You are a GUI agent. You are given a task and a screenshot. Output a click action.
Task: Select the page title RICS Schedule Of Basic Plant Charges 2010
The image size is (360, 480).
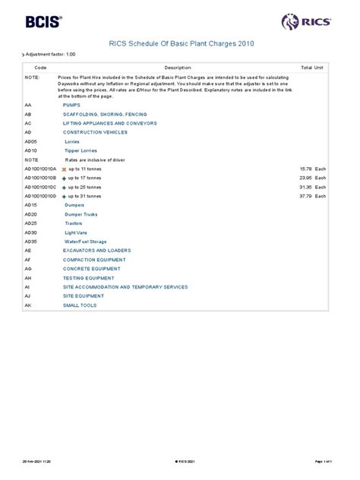click(180, 45)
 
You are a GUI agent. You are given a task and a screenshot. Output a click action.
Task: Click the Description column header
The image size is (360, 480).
click(178, 68)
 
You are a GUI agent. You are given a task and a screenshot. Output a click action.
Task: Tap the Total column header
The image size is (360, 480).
click(306, 68)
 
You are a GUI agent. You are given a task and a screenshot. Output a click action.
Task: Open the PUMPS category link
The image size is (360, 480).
click(71, 105)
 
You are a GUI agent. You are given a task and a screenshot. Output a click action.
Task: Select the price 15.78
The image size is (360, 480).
click(306, 169)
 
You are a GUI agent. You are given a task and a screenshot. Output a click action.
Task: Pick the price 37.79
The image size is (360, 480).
click(306, 196)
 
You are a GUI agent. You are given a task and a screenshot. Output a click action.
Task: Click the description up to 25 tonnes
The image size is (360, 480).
click(85, 187)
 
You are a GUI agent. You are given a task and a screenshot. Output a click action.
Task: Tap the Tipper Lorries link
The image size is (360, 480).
click(81, 151)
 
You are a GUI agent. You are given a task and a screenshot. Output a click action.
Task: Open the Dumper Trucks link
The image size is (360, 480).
click(81, 214)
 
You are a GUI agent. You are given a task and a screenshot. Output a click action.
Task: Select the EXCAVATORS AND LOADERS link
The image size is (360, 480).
click(96, 250)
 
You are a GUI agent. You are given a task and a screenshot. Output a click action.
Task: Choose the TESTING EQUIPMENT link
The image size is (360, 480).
click(88, 277)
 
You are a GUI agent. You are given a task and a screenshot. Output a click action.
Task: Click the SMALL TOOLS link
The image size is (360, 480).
click(81, 305)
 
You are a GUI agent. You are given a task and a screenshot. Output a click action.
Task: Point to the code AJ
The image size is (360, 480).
click(27, 295)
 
